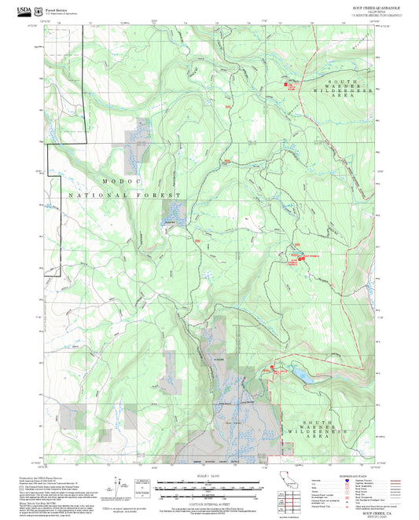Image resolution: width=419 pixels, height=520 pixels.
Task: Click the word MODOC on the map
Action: tap(118, 181)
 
